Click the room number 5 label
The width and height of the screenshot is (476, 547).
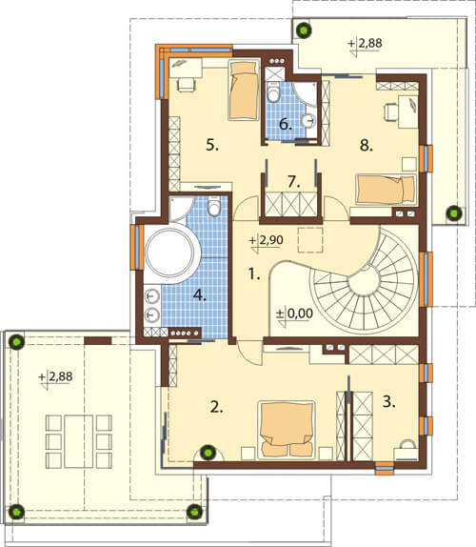click(x=212, y=145)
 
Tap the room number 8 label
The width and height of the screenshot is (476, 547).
click(x=366, y=145)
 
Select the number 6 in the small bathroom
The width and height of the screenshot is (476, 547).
click(x=285, y=125)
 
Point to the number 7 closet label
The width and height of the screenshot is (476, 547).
click(x=294, y=182)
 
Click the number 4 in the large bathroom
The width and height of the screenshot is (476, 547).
click(x=200, y=295)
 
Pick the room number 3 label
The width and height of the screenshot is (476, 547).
click(x=388, y=401)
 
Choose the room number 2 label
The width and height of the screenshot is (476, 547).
click(x=216, y=407)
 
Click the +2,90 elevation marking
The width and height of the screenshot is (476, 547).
click(x=267, y=241)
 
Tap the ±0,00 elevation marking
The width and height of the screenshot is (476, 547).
click(x=294, y=314)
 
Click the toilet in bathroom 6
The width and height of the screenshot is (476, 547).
click(x=274, y=92)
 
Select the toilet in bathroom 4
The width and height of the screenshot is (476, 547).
click(x=213, y=206)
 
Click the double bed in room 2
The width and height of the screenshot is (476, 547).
click(x=287, y=430)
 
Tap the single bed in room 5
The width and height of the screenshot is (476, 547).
click(x=244, y=90)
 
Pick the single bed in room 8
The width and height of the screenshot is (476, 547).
click(x=386, y=190)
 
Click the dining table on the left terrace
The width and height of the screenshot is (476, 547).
click(x=79, y=441)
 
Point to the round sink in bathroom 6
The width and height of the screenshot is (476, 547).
click(x=308, y=121)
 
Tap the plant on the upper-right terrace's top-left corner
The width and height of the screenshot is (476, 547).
click(x=304, y=30)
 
